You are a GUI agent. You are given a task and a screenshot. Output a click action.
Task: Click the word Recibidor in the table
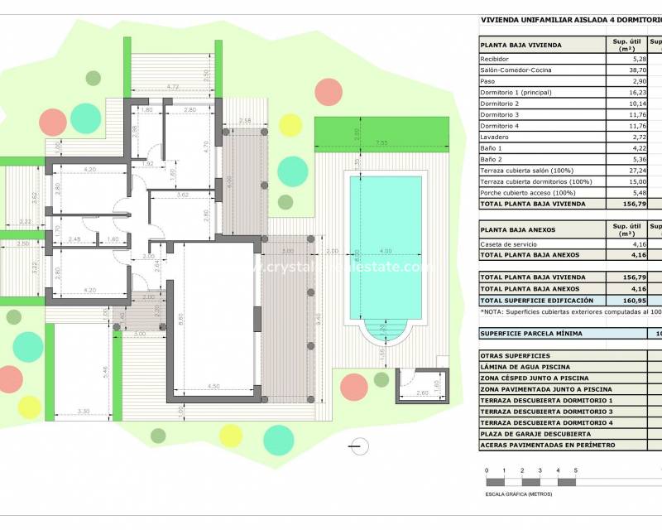click(x=494, y=60)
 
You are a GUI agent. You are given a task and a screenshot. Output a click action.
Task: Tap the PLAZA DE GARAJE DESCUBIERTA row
click(x=535, y=434)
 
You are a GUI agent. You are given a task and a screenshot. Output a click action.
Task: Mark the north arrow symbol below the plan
click(x=357, y=446)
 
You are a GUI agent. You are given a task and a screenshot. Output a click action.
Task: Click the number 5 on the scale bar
click(x=575, y=470)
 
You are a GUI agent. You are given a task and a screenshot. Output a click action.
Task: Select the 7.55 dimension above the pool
click(x=382, y=143)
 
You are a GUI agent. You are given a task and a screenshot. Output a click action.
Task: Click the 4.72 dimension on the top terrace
click(x=173, y=87)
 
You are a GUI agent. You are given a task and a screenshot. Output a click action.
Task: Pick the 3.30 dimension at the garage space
click(x=84, y=412)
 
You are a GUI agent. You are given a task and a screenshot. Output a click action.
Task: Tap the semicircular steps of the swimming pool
click(x=386, y=333)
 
